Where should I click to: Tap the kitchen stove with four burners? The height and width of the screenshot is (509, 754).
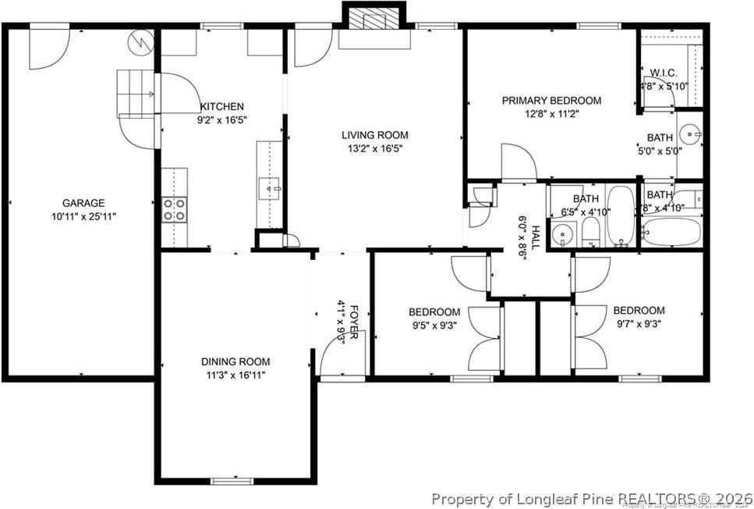[x=174, y=210]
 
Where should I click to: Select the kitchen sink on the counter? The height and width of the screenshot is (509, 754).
[x=270, y=188]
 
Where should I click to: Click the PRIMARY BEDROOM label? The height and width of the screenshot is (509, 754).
[x=550, y=101]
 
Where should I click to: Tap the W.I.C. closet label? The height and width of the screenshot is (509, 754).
[x=664, y=73]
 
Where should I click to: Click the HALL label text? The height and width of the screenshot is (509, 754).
[x=536, y=235]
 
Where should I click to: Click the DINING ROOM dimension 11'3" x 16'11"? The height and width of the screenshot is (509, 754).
[x=235, y=376]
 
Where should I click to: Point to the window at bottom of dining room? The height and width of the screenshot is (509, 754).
[x=232, y=480]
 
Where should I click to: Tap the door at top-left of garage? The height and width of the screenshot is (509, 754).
[x=46, y=47]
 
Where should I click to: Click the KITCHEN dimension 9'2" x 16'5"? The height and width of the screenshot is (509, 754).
[x=222, y=121]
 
